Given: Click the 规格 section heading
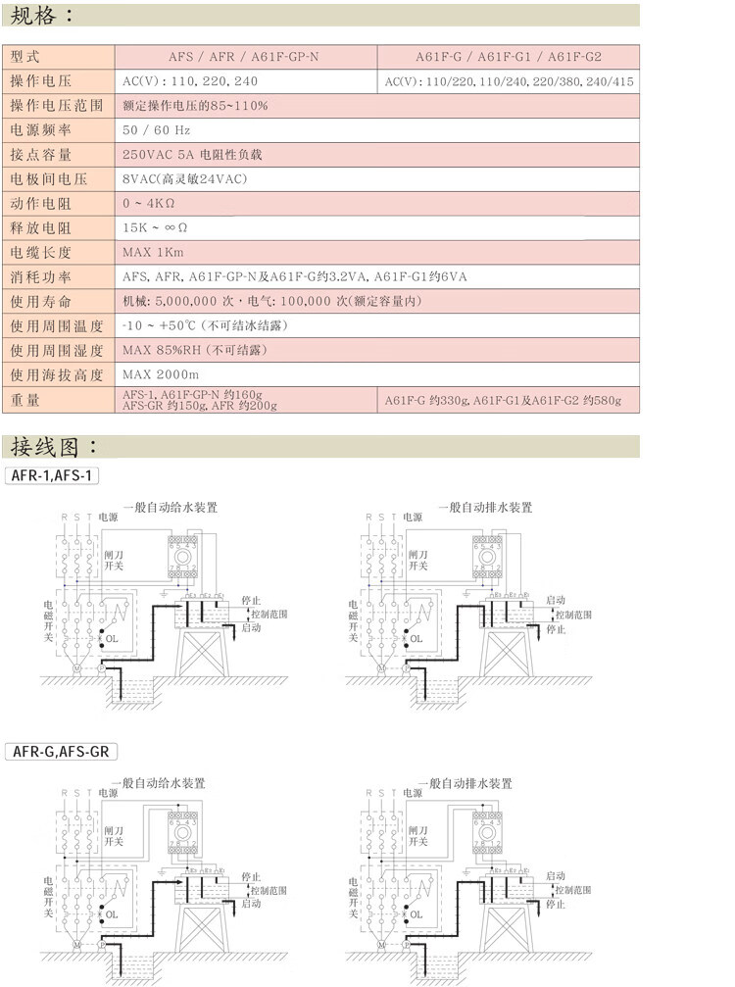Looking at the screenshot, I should click(x=40, y=16).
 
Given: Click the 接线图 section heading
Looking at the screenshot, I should click(x=53, y=447).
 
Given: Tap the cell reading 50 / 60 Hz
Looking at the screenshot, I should click(x=156, y=129).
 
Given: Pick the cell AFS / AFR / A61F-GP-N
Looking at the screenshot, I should click(x=245, y=57).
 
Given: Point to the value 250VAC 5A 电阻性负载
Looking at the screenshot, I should click(x=192, y=155).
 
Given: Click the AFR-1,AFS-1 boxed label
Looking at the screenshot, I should click(x=53, y=475).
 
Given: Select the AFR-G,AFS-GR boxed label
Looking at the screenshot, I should click(x=61, y=752).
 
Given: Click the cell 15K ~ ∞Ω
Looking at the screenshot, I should click(x=155, y=227).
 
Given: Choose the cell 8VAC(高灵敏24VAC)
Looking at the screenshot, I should click(x=184, y=178).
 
